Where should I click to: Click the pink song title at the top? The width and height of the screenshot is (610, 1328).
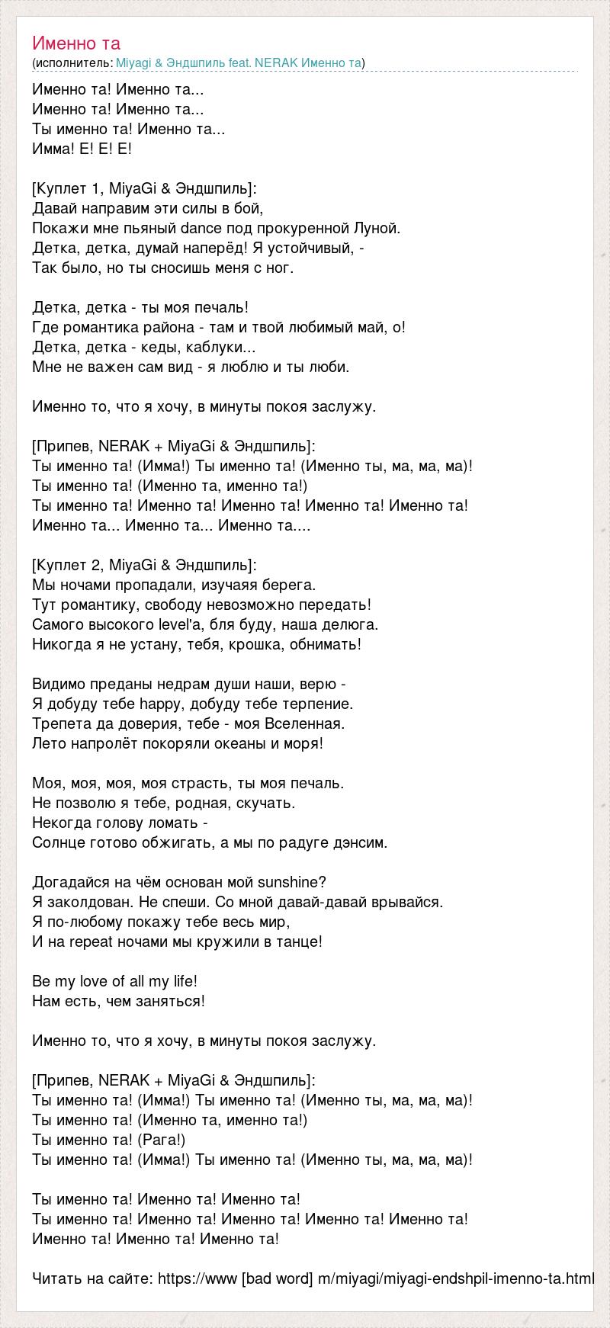click(x=76, y=43)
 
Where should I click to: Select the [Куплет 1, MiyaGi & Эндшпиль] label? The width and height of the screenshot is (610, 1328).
click(x=145, y=188)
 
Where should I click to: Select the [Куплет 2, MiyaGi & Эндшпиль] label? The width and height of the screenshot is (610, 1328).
click(x=145, y=565)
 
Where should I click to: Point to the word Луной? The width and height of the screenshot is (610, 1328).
click(x=375, y=228)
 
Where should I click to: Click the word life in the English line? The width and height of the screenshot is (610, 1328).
click(x=182, y=981)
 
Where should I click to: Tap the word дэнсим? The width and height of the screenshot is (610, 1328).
click(x=360, y=842)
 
